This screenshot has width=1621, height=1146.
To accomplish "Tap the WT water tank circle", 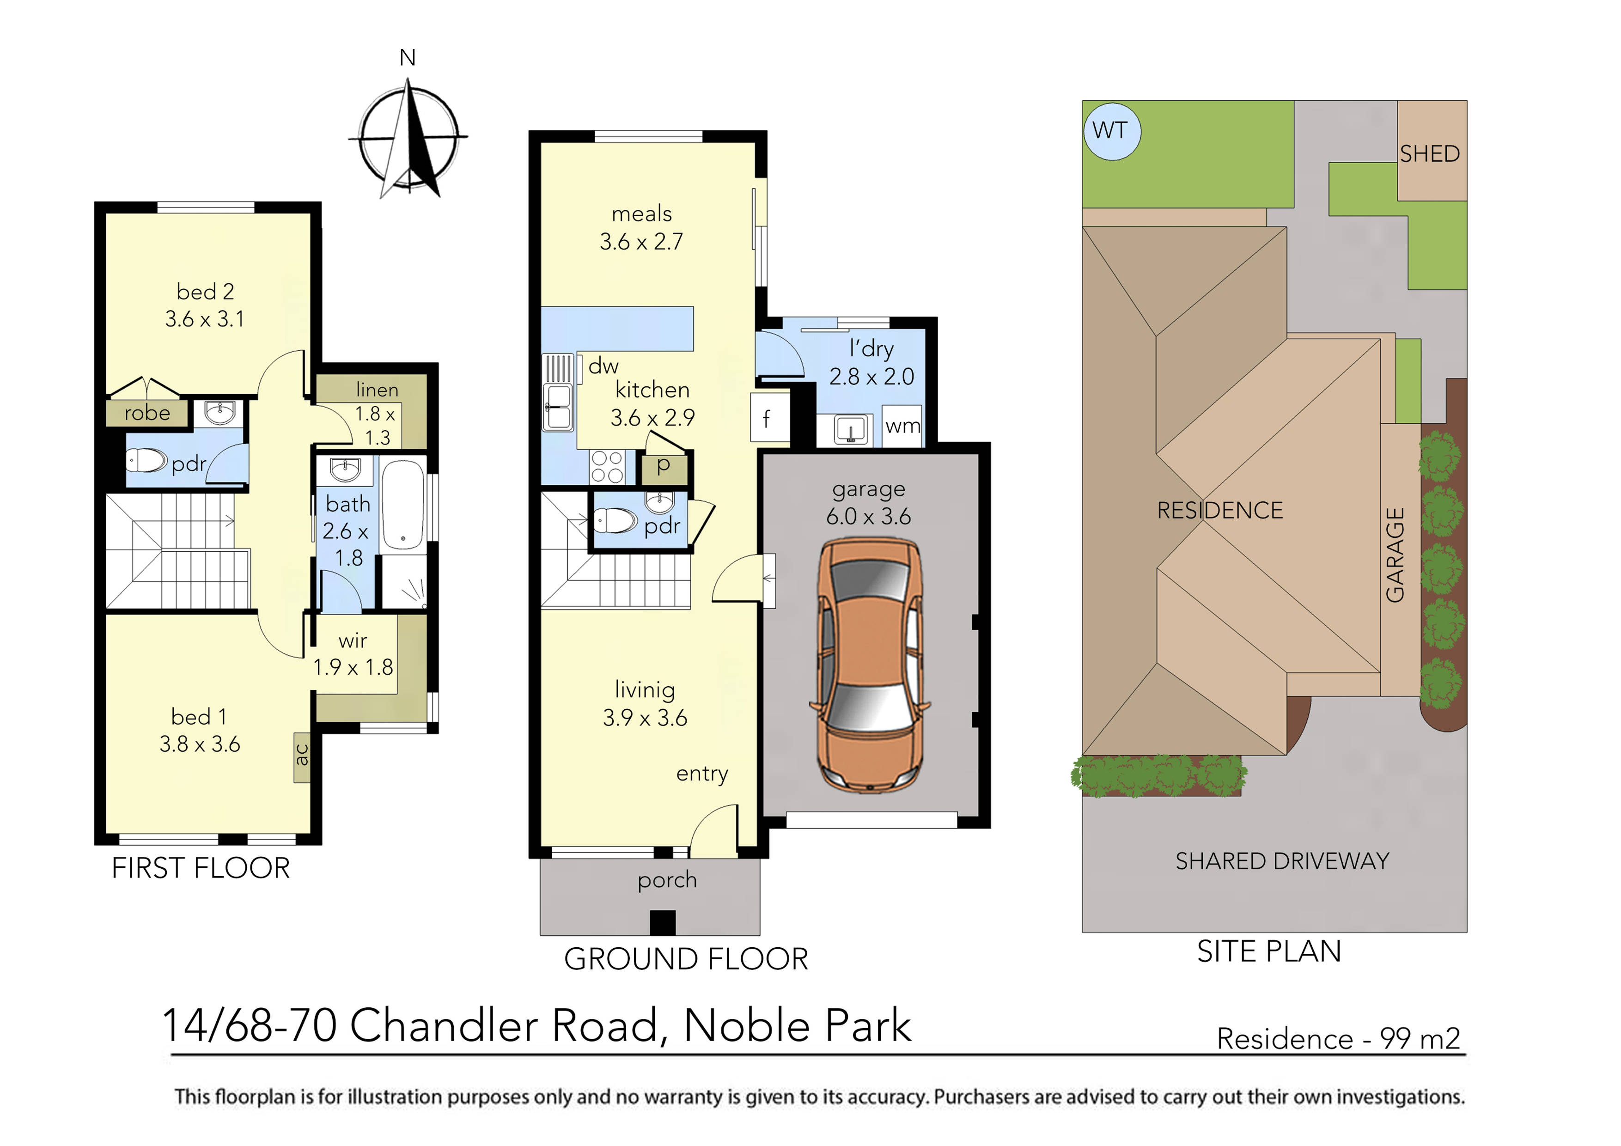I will point(1111,131).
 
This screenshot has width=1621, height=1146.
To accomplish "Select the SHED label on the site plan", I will point(1430,154).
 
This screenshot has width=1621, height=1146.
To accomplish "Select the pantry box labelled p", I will point(663,467).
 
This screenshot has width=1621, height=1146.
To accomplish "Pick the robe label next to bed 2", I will point(147,413).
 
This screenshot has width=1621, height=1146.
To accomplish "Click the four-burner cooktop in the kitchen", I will point(607,467).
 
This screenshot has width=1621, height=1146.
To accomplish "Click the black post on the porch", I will point(662,923).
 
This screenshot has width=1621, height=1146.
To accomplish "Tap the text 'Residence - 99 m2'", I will point(1338,1039).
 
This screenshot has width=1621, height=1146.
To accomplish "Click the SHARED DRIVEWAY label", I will point(1282,861).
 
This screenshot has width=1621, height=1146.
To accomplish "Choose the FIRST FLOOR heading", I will point(201,868).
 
